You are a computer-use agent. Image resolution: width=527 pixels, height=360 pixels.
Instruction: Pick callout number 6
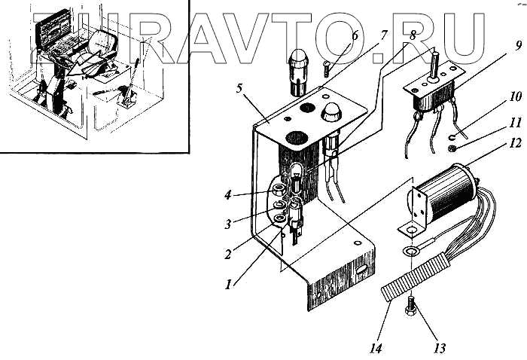(x=355, y=35)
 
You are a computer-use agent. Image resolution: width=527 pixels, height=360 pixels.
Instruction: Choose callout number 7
(x=384, y=35)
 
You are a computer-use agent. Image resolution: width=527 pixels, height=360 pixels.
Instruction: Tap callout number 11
(x=514, y=120)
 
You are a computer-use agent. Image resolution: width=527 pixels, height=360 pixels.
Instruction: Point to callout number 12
(x=514, y=142)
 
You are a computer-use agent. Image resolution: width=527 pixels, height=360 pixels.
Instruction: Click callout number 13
(x=439, y=348)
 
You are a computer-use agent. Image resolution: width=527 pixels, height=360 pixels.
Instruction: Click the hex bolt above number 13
(x=410, y=306)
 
